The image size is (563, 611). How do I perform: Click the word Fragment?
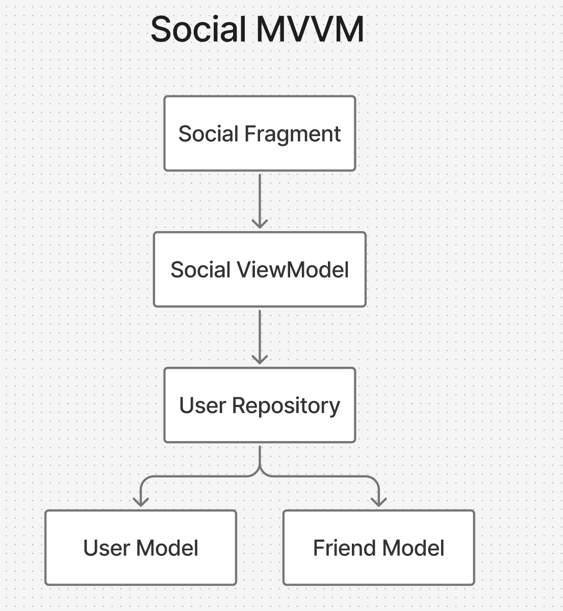pos(292,134)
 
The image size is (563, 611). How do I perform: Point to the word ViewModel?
pos(292,270)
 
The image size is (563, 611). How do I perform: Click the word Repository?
pos(286,406)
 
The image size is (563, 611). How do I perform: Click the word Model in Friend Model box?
pos(413,548)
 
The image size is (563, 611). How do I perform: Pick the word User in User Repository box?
pos(202,406)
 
